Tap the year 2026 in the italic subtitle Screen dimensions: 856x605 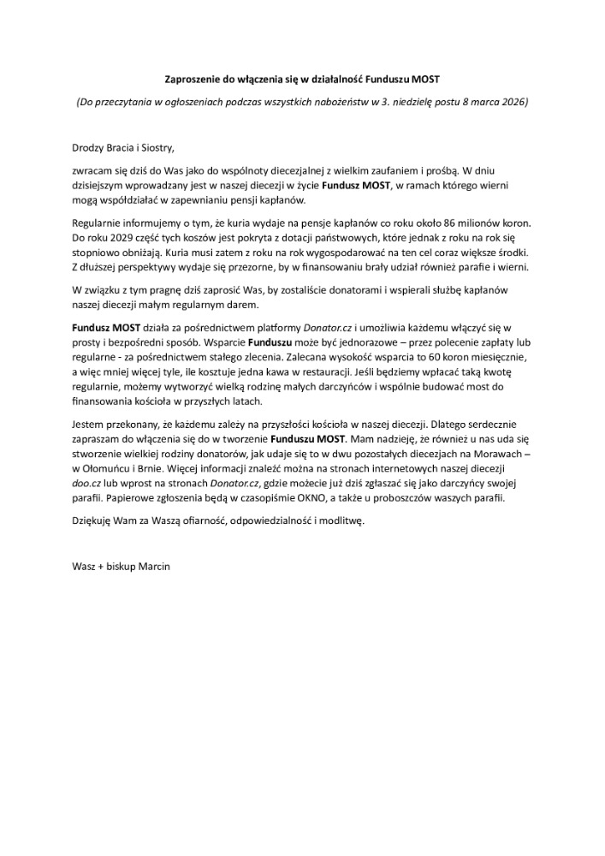(x=513, y=103)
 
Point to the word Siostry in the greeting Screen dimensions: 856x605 (x=154, y=146)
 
